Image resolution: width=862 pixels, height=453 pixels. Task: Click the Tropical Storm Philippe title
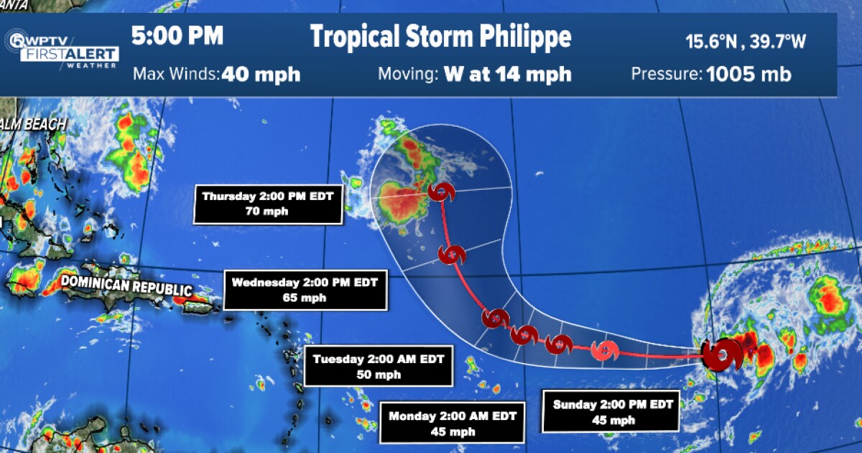(440, 37)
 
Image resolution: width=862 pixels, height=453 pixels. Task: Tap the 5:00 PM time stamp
(177, 35)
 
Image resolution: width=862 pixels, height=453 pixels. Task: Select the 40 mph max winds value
(261, 74)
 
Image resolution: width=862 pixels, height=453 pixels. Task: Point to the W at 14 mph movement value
(507, 74)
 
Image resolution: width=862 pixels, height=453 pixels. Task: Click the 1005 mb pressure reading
(749, 74)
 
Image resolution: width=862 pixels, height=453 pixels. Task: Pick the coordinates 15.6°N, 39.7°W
(745, 41)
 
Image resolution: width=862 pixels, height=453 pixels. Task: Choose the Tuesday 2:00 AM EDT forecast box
(379, 366)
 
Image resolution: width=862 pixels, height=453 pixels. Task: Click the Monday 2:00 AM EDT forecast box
(452, 422)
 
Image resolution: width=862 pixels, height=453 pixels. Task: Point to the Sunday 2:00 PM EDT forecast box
(613, 412)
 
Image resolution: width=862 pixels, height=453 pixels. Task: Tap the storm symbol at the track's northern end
(440, 192)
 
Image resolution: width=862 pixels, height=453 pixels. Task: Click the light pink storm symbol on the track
(605, 351)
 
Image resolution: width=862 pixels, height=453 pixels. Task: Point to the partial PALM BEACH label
(32, 124)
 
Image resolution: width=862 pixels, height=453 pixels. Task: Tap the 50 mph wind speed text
(379, 374)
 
